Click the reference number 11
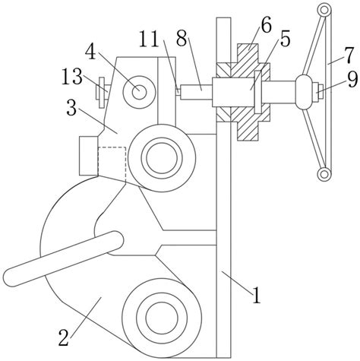click(x=149, y=40)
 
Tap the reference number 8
click(x=182, y=39)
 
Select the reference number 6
click(x=266, y=25)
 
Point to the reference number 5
click(x=285, y=40)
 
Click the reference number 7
click(x=349, y=55)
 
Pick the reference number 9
click(x=352, y=79)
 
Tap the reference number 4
click(x=90, y=52)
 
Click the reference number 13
click(x=72, y=76)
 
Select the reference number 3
click(x=71, y=107)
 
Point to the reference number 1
click(x=257, y=296)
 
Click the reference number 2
click(x=64, y=337)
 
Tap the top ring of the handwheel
click(x=324, y=11)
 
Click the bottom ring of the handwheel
click(x=324, y=174)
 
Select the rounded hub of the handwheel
click(x=305, y=92)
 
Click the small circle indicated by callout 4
click(x=139, y=91)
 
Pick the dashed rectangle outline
click(x=112, y=164)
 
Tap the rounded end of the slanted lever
click(x=116, y=239)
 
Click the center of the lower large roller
click(x=162, y=318)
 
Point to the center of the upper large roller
click(x=162, y=158)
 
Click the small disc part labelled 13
click(x=102, y=93)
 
